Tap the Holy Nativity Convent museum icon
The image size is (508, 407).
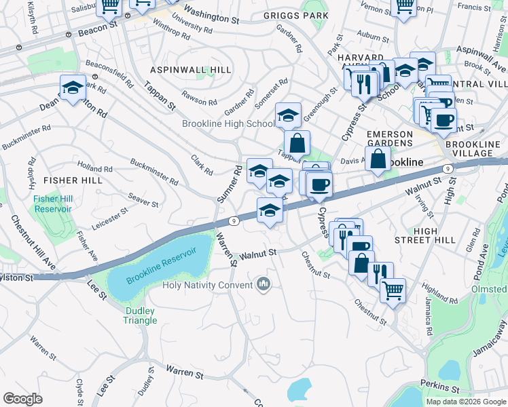[x=264, y=284]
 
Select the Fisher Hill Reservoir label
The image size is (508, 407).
[x=53, y=203]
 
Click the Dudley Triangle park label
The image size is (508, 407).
[x=140, y=316]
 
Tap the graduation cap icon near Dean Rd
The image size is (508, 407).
[x=73, y=88]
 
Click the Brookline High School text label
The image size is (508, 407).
[x=228, y=123]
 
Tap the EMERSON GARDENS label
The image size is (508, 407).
[x=390, y=139]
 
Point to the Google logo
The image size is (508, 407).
[x=22, y=399]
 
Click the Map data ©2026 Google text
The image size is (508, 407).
[x=466, y=401]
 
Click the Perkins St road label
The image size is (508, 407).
[x=441, y=389]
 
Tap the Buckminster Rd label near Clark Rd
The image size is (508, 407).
[x=153, y=172]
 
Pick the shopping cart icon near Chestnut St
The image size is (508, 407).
[x=393, y=290]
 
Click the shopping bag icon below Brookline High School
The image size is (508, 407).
[x=297, y=143]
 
